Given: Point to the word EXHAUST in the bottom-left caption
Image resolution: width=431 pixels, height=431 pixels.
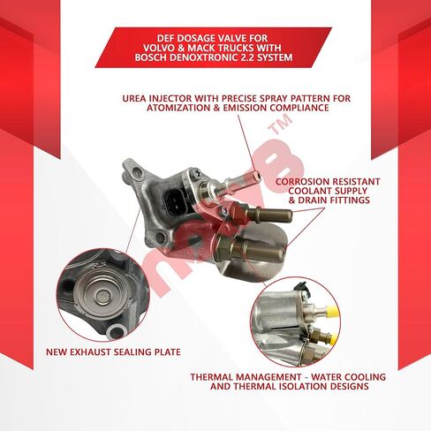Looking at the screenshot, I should pos(101,352).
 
